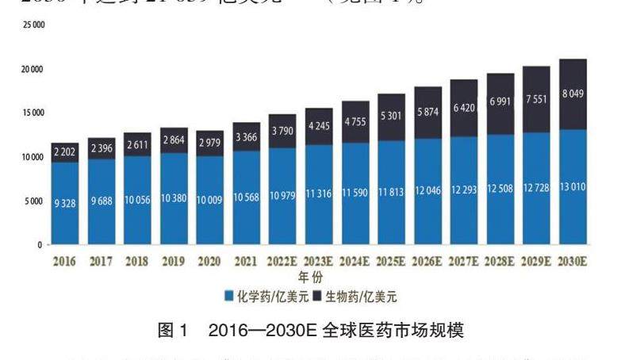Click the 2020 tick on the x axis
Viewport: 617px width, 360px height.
coord(209,261)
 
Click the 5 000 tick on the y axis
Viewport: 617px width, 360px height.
coord(35,201)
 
